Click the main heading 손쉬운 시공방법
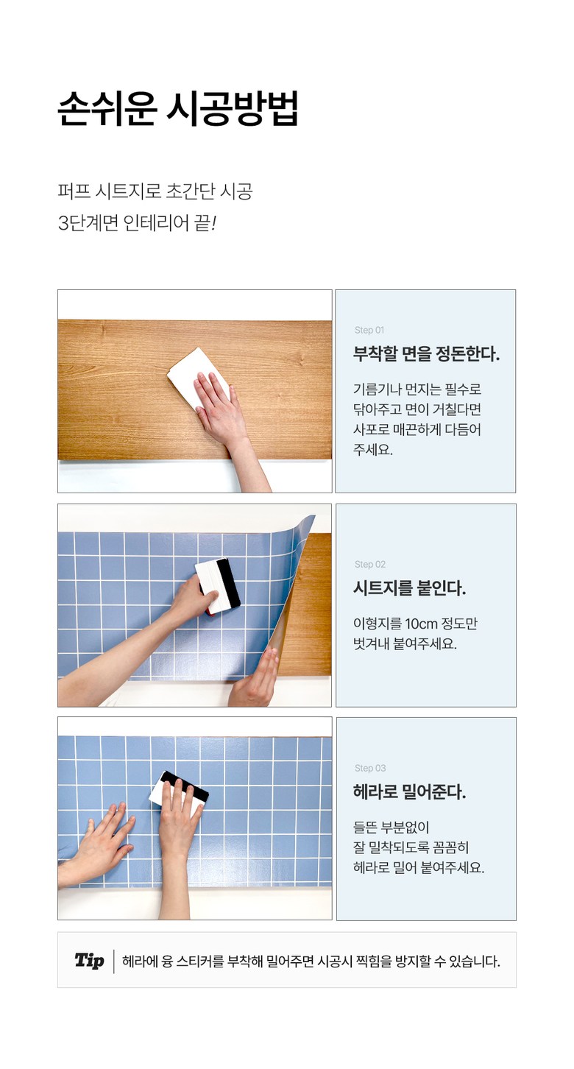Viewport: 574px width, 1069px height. pyautogui.click(x=178, y=109)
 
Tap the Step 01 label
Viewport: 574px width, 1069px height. pyautogui.click(x=369, y=330)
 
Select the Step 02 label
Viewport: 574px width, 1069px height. pyautogui.click(x=369, y=564)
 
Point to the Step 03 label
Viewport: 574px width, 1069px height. pyautogui.click(x=370, y=768)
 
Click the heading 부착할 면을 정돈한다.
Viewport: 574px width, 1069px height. pyautogui.click(x=426, y=354)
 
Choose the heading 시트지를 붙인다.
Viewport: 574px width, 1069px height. pyautogui.click(x=409, y=588)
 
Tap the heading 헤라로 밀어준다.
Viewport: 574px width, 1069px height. pyautogui.click(x=409, y=791)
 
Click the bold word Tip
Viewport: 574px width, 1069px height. pyautogui.click(x=89, y=960)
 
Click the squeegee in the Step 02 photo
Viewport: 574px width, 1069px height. pyautogui.click(x=218, y=586)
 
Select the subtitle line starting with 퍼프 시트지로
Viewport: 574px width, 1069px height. pyautogui.click(x=155, y=191)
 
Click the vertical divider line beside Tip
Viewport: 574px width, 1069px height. pyautogui.click(x=113, y=962)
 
